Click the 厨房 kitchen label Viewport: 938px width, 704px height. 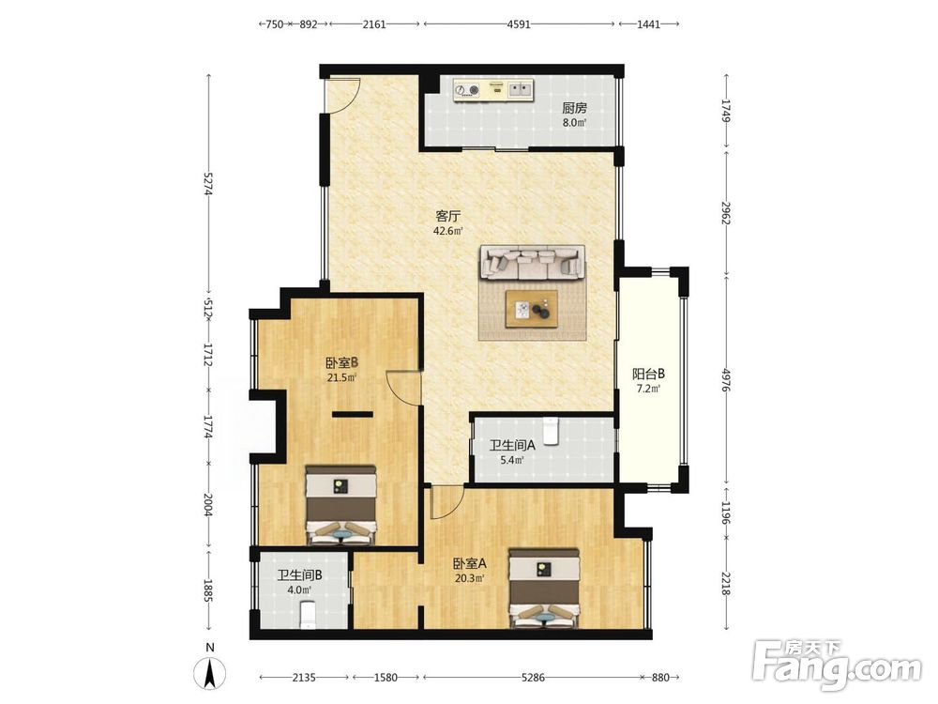[x=574, y=108]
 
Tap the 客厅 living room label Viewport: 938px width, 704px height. [x=448, y=216]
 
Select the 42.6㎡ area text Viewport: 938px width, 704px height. [x=448, y=231]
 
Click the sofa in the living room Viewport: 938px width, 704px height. [x=532, y=263]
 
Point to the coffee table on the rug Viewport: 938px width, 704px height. [x=531, y=309]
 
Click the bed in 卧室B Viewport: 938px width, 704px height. [x=340, y=506]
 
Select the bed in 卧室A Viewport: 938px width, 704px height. [x=543, y=589]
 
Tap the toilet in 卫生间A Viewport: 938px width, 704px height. [x=550, y=431]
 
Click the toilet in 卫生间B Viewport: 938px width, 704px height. [x=308, y=616]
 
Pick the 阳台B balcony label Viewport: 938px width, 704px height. [x=648, y=375]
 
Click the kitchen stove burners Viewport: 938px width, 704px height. [x=467, y=90]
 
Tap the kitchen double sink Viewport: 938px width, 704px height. [x=520, y=90]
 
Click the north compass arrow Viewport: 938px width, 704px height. [x=210, y=673]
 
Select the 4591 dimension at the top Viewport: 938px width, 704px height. [x=519, y=24]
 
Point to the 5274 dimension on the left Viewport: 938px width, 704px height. [x=208, y=183]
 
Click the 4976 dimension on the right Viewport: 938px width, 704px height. [x=726, y=380]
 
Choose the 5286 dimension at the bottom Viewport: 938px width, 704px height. [x=533, y=678]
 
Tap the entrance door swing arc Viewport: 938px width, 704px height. [x=350, y=98]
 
